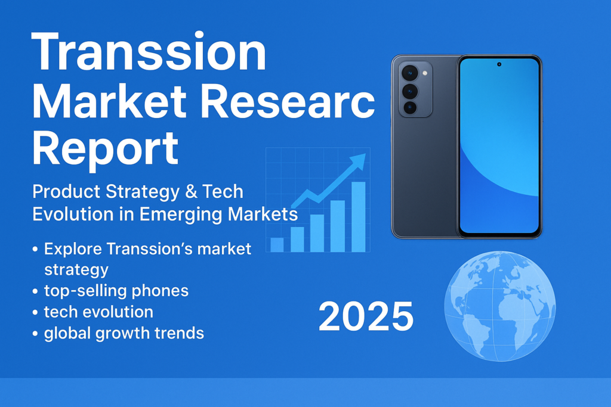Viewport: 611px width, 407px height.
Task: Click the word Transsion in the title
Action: coord(149,52)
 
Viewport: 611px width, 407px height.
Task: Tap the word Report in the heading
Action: coord(105,150)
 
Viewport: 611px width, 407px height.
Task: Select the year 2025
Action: coord(366,316)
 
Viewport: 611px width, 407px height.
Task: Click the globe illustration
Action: coord(500,306)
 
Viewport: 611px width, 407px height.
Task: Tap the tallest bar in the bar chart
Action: coord(359,217)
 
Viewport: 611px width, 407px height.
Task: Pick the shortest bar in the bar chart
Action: coord(277,245)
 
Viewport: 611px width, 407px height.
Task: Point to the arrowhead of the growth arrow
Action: coord(359,160)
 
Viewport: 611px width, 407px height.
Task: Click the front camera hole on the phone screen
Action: coord(499,64)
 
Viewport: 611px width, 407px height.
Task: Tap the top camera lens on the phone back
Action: coord(410,73)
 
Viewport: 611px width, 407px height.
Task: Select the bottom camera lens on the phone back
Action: coord(410,107)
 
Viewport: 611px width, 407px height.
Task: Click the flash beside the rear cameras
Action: coord(425,73)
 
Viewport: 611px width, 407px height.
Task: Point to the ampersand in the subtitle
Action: coord(191,191)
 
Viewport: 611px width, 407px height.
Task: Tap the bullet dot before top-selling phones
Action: coord(35,291)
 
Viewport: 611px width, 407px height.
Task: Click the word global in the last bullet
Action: coord(67,334)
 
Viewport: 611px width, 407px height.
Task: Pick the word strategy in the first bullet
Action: coord(76,270)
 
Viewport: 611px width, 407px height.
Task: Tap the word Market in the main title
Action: coord(110,101)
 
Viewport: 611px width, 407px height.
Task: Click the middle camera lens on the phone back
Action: coord(410,91)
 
